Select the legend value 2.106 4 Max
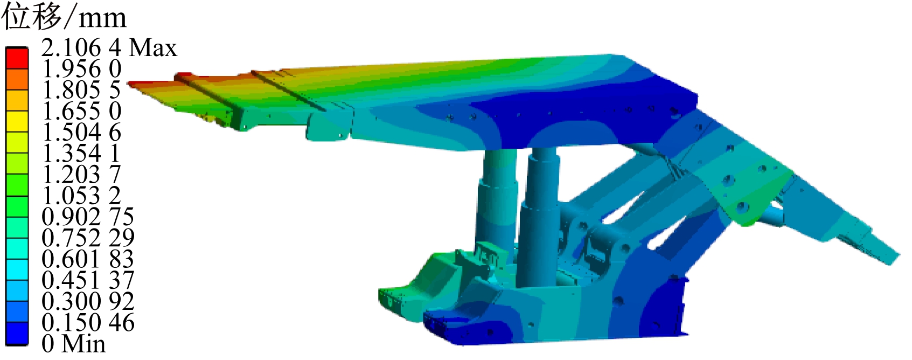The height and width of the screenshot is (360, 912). [x=109, y=48]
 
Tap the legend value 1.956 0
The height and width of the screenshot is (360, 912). [x=81, y=69]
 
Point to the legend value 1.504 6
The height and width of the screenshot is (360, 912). [x=81, y=133]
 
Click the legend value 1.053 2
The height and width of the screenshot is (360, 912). [x=81, y=196]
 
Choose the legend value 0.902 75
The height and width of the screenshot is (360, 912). [x=88, y=217]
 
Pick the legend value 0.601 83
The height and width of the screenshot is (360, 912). [x=88, y=259]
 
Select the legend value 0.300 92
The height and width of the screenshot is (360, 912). [x=88, y=301]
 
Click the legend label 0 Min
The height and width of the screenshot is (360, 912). [x=73, y=343]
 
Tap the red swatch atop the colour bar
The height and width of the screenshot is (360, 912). [x=17, y=58]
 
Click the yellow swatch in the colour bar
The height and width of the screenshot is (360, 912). [x=17, y=122]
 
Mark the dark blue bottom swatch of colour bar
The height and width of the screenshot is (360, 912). [x=17, y=333]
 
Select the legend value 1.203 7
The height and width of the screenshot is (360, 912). [x=81, y=175]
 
